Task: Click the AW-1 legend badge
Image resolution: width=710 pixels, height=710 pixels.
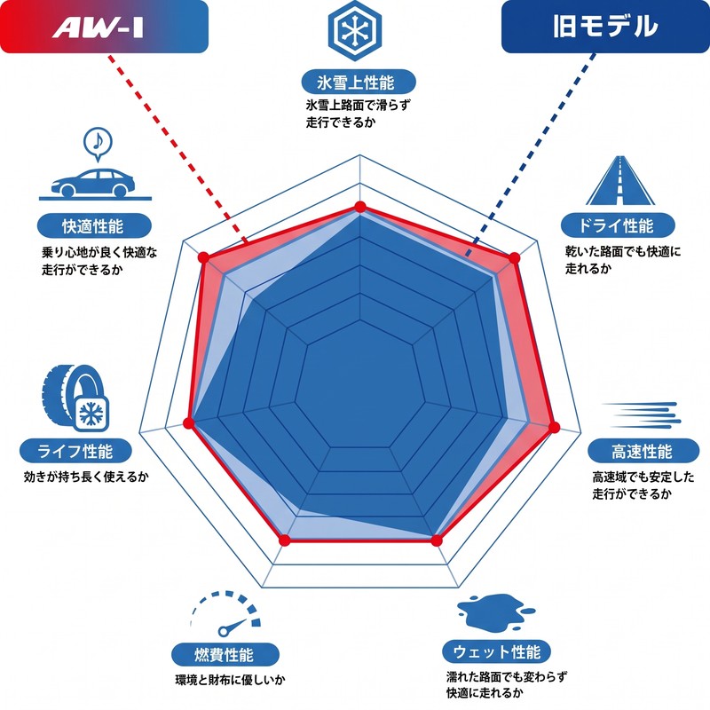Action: pos(104,27)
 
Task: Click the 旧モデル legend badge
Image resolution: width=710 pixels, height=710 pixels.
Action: pos(605,27)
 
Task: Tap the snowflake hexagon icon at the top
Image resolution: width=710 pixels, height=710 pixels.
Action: pos(355,30)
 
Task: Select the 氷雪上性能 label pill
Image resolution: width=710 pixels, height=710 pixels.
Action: pos(359,82)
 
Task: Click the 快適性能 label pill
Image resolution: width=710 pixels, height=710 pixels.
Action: pos(94,225)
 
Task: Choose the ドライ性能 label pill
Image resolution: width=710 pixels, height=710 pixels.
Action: pos(618,225)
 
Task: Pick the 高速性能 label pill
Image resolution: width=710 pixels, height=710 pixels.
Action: pos(643,451)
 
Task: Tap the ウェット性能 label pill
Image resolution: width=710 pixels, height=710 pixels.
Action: pos(496,652)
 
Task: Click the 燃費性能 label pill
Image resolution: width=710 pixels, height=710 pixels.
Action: pos(225,654)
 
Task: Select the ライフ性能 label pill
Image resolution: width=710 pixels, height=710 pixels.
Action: pos(75,451)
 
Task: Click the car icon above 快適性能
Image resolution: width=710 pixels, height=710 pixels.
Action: pos(94,185)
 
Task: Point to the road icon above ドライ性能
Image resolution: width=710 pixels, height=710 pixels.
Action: pos(619,180)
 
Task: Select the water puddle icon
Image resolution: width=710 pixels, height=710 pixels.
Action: pos(496,611)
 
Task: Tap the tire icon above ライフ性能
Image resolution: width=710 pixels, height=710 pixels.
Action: pos(75,398)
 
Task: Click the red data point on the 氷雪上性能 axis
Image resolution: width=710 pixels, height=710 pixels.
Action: pos(360,207)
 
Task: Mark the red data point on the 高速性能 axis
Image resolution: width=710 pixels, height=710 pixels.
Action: pos(554,427)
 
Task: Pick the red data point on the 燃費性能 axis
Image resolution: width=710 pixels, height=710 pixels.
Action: pos(284,540)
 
